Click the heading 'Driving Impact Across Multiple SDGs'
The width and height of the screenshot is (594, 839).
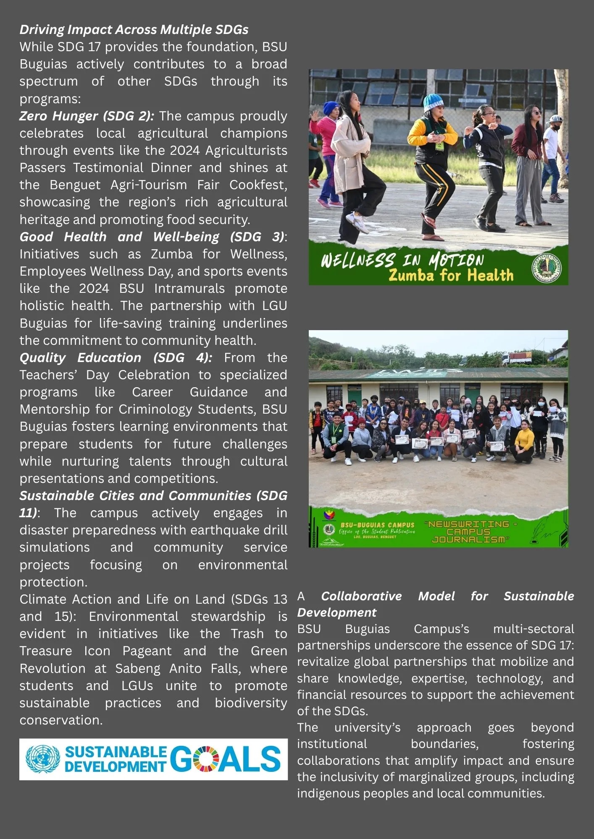(134, 30)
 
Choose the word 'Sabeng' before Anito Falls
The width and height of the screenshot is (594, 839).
(138, 668)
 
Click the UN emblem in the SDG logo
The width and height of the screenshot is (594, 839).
(43, 759)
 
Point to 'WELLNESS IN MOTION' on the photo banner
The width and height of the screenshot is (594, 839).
(402, 260)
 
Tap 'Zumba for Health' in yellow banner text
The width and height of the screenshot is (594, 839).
(451, 276)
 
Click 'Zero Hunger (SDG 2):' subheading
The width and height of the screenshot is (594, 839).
(87, 116)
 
